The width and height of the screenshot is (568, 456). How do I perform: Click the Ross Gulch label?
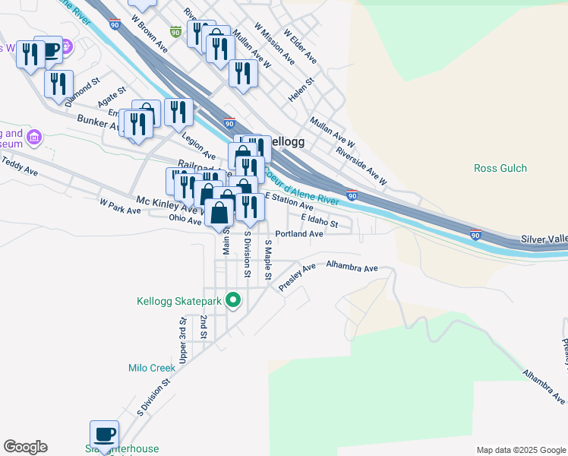[x=500, y=168]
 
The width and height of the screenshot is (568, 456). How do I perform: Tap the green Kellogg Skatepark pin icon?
[x=234, y=302]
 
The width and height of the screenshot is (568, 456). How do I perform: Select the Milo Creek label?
[x=151, y=368]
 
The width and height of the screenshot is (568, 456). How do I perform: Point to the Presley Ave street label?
[x=297, y=277]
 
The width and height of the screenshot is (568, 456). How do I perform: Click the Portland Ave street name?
[x=299, y=234]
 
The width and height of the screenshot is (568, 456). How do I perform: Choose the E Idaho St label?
[x=319, y=219]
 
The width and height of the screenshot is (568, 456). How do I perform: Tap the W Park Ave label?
[x=120, y=206]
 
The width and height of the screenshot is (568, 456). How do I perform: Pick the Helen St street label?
[x=301, y=90]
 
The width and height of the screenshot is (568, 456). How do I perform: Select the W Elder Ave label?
[x=300, y=46]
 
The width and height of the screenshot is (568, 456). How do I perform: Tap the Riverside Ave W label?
[x=362, y=166]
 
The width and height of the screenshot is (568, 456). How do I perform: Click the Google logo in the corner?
[x=25, y=447]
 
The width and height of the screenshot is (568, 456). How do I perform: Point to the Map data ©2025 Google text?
[x=521, y=450]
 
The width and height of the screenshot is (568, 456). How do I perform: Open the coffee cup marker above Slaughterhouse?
[x=105, y=434]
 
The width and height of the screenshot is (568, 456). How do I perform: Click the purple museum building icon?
[x=33, y=138]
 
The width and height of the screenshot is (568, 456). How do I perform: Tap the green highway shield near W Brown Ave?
[x=175, y=32]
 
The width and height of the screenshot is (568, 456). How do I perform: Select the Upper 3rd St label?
[x=183, y=340]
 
